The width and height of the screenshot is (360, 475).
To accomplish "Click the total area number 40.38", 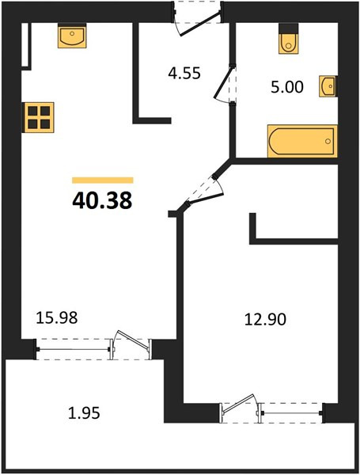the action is pyautogui.click(x=102, y=200).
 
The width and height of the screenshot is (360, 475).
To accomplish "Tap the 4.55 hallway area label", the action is pyautogui.click(x=184, y=74).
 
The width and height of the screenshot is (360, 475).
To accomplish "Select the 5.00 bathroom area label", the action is pyautogui.click(x=287, y=87).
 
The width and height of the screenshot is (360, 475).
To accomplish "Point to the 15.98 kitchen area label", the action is pyautogui.click(x=57, y=317).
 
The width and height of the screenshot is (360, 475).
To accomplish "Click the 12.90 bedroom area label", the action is pyautogui.click(x=265, y=319).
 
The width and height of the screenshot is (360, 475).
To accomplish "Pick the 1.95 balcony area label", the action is pyautogui.click(x=84, y=413).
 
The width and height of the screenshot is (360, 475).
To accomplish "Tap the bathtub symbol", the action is pyautogui.click(x=302, y=141).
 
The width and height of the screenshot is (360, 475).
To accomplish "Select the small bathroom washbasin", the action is pyautogui.click(x=328, y=86).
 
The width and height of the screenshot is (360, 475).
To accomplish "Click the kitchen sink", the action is pyautogui.click(x=72, y=36).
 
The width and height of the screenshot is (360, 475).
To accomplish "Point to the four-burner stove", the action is pyautogui.click(x=38, y=117).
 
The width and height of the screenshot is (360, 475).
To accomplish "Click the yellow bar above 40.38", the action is pyautogui.click(x=103, y=180).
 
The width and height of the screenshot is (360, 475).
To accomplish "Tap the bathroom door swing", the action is pyautogui.click(x=225, y=84).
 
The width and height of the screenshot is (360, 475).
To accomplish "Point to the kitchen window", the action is pyautogui.click(x=73, y=349).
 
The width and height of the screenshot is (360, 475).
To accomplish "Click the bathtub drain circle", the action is pyautogui.click(x=328, y=141).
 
